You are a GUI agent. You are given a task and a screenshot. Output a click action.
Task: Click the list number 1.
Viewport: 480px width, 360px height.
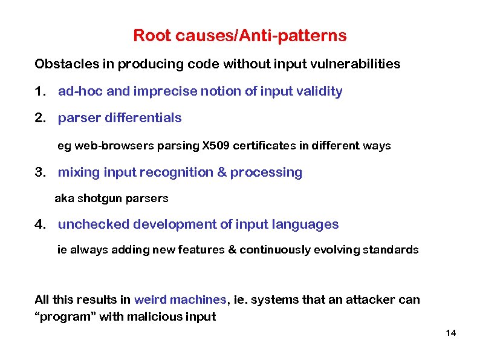click(x=39, y=91)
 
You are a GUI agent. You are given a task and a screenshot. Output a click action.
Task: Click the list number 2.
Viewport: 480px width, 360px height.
click(x=39, y=118)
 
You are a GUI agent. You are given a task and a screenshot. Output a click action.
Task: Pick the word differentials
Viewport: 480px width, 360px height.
click(x=143, y=118)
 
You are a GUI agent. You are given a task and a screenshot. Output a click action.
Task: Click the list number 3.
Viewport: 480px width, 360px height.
click(x=39, y=172)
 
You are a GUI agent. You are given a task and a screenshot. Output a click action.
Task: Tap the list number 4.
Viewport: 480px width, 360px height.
click(x=39, y=224)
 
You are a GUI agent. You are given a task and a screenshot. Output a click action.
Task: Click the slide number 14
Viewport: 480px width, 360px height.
click(x=450, y=333)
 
